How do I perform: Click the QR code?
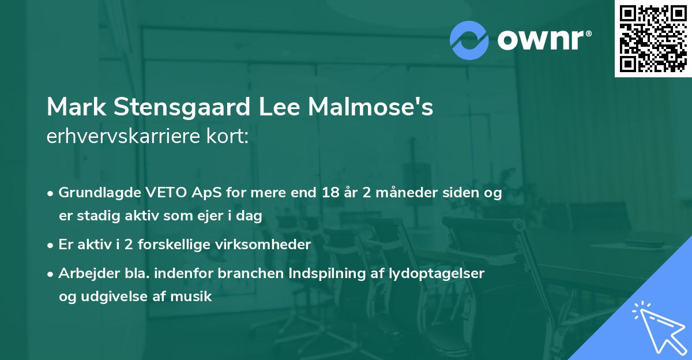pos(653,39)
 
